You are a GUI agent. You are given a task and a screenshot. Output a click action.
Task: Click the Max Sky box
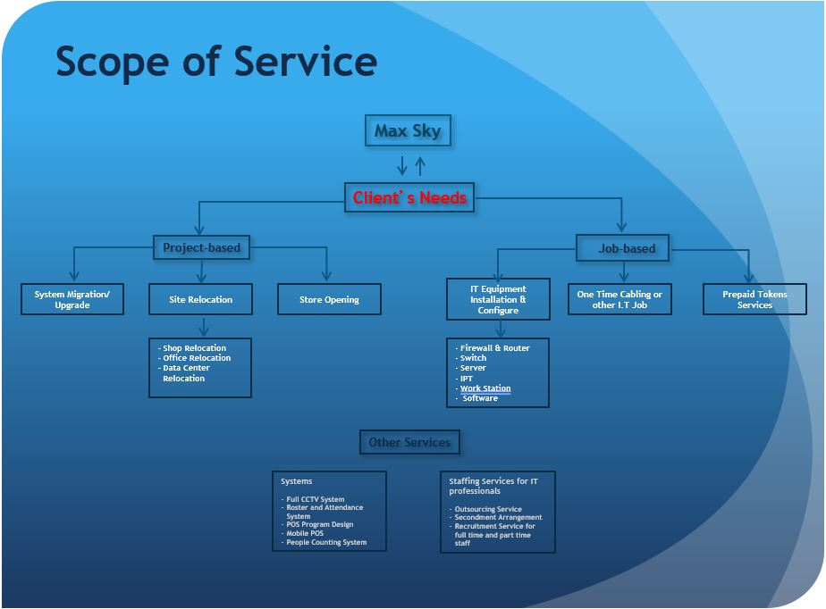click(408, 130)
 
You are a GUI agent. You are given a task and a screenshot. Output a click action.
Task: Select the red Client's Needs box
click(409, 197)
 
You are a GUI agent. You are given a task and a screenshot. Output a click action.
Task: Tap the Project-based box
click(201, 247)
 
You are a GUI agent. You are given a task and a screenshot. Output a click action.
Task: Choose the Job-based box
click(623, 248)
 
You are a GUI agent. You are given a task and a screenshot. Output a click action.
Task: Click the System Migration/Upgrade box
click(72, 299)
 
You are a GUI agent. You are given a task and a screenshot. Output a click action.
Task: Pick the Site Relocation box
click(201, 299)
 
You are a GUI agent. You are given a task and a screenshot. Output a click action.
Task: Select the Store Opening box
click(329, 299)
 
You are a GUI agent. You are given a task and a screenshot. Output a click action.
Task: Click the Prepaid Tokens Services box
click(754, 299)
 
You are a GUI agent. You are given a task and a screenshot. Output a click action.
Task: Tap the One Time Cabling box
click(619, 299)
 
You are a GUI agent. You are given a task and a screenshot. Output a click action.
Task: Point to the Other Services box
click(409, 442)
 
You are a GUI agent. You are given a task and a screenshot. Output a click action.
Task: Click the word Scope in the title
click(113, 63)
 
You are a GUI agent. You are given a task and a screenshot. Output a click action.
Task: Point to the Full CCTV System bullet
click(315, 499)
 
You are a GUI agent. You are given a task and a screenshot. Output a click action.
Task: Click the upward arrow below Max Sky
click(420, 166)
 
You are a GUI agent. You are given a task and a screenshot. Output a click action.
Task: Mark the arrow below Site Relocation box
click(204, 327)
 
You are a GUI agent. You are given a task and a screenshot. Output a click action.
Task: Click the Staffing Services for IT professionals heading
click(493, 486)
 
